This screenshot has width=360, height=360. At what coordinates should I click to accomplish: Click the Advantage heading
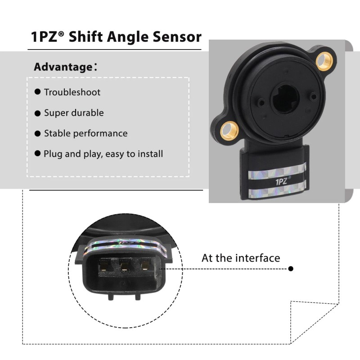pyautogui.click(x=63, y=67)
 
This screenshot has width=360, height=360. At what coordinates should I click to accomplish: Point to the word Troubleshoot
pyautogui.click(x=72, y=92)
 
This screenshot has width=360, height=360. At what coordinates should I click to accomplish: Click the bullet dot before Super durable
pyautogui.click(x=38, y=113)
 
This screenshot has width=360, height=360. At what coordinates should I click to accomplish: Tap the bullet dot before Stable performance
pyautogui.click(x=38, y=134)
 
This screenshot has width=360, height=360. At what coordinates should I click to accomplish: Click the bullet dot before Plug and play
pyautogui.click(x=38, y=154)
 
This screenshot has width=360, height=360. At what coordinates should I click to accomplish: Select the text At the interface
pyautogui.click(x=240, y=258)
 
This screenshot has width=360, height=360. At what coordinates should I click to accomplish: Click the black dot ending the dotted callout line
pyautogui.click(x=291, y=269)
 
